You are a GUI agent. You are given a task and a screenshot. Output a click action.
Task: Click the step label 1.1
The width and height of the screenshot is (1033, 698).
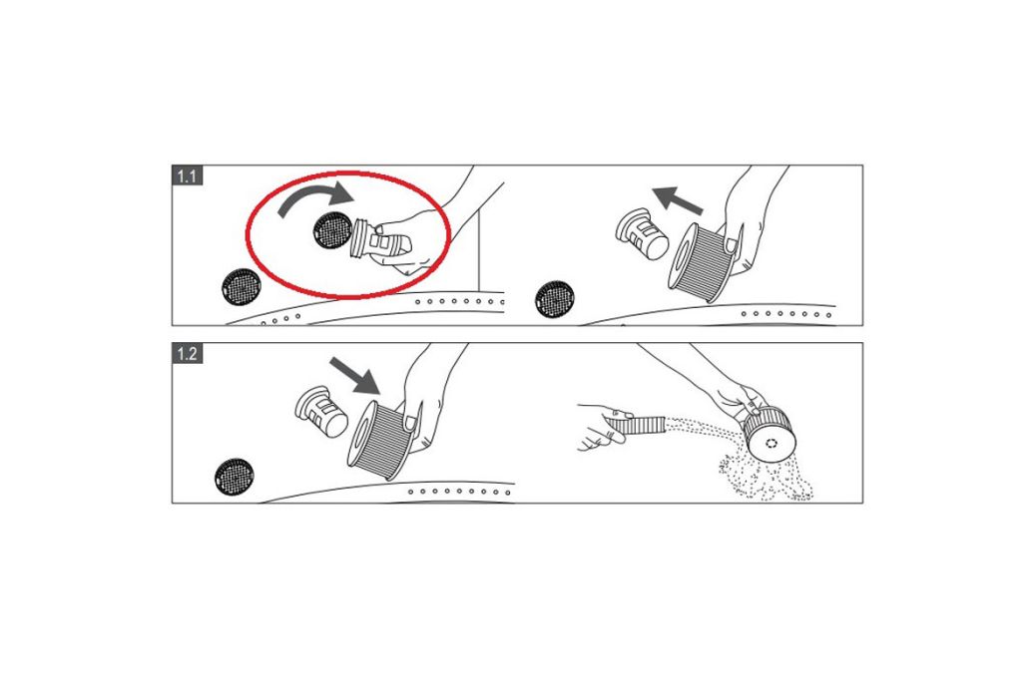[187, 175]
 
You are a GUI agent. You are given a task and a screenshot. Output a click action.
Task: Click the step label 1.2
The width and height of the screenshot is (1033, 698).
[187, 354]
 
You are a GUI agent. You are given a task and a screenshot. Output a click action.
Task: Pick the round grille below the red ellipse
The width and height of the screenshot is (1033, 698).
[242, 286]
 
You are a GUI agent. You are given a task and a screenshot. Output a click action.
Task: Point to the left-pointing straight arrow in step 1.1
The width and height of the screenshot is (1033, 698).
[678, 199]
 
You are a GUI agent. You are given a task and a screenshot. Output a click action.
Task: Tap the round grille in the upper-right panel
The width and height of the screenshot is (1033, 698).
[554, 299]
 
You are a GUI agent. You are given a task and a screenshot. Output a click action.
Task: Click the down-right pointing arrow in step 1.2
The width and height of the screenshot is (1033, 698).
[354, 376]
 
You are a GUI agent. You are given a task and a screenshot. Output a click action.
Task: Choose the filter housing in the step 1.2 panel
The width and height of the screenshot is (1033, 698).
[320, 412]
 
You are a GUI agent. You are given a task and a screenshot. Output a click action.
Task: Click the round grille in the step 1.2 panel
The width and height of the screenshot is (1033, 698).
[234, 477]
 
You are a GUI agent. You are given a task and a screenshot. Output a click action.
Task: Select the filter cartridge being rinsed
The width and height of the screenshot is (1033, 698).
[770, 434]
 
